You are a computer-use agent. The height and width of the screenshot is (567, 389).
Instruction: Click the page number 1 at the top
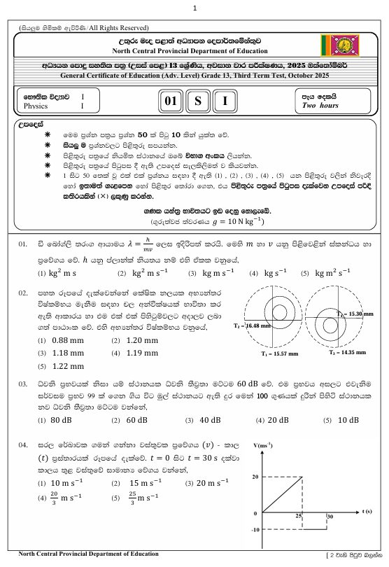194,8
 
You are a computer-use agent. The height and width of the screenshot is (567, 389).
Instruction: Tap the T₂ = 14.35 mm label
348,353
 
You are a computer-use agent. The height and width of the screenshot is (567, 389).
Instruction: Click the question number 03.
23,384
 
